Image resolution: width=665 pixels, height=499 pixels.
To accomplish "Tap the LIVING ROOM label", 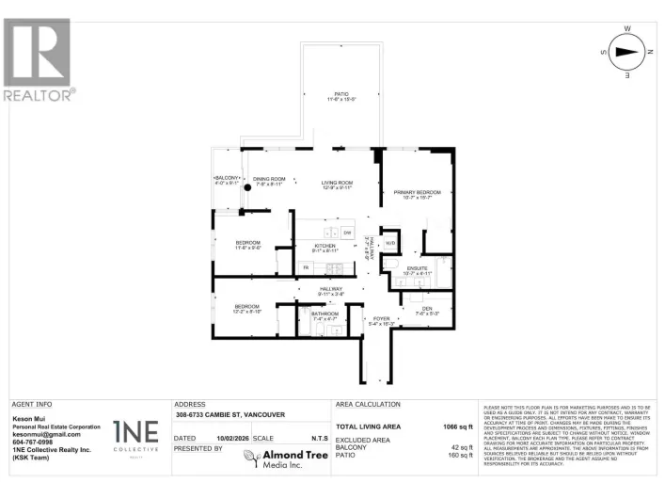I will [337, 183].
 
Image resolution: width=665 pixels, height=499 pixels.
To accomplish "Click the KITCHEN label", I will [325, 247].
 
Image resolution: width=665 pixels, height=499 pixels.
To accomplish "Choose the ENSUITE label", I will [417, 268].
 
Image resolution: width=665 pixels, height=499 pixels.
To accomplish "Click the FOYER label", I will [381, 319].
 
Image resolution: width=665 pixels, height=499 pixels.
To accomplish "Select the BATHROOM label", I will [325, 314].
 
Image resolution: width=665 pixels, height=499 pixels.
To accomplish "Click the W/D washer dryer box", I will [390, 244].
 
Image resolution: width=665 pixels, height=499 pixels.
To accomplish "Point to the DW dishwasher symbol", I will [346, 233].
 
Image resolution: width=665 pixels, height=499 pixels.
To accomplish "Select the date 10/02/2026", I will [231, 438].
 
